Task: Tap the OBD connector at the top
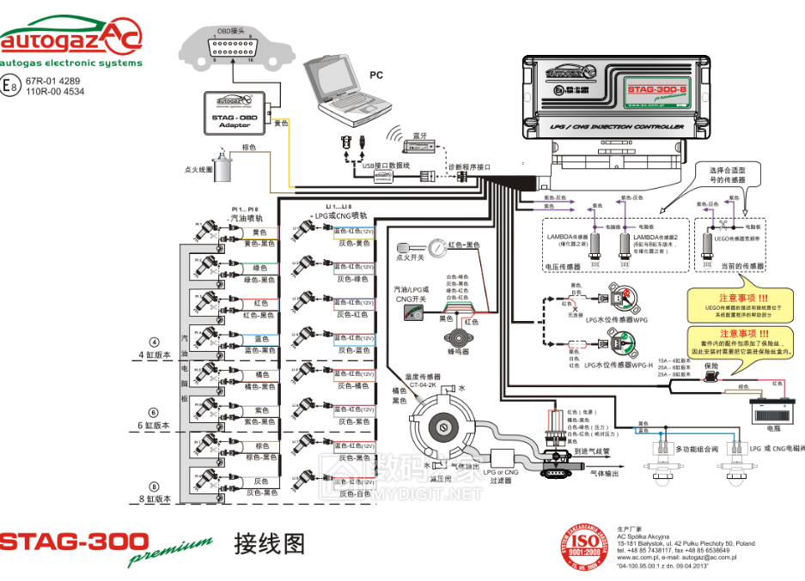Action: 229,48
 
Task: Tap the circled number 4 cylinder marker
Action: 155,342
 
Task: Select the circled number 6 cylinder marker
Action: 155,412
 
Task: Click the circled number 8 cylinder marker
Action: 155,486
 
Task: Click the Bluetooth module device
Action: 420,146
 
